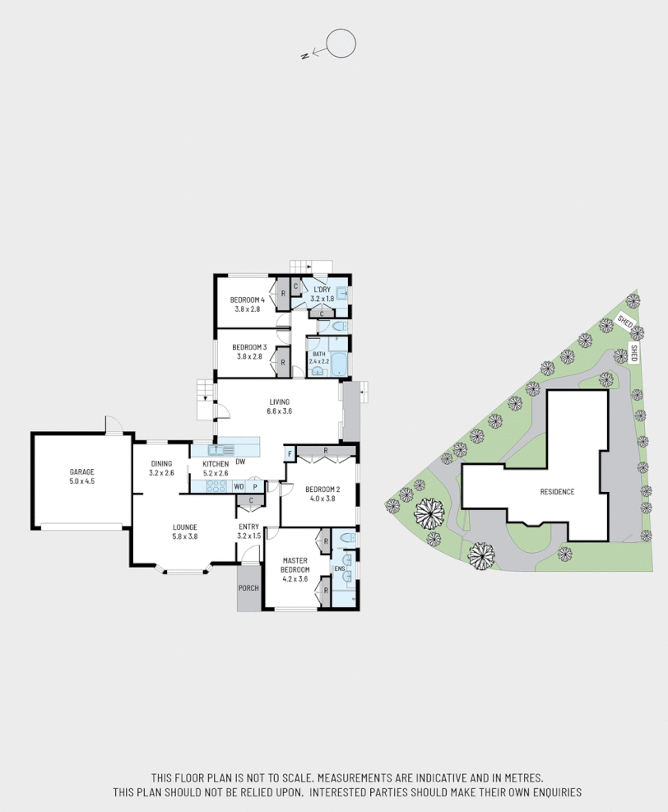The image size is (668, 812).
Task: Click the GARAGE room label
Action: pyautogui.click(x=81, y=471)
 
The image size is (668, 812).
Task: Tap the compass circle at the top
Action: pyautogui.click(x=341, y=43)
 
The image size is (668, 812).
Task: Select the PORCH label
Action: pyautogui.click(x=248, y=588)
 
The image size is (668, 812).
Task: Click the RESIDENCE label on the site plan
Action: pyautogui.click(x=557, y=492)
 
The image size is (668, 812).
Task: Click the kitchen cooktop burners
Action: pyautogui.click(x=217, y=486)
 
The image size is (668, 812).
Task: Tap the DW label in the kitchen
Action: pyautogui.click(x=241, y=462)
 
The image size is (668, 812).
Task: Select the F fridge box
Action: pyautogui.click(x=290, y=454)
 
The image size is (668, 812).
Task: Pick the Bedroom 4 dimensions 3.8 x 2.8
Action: pyautogui.click(x=247, y=309)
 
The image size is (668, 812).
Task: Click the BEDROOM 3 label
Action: pyautogui.click(x=248, y=347)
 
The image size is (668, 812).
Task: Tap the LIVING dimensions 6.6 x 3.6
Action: pyautogui.click(x=280, y=411)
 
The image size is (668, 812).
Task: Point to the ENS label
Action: pyautogui.click(x=339, y=568)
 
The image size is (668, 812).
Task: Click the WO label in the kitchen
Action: pyautogui.click(x=239, y=486)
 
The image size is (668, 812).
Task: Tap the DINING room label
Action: pyautogui.click(x=161, y=464)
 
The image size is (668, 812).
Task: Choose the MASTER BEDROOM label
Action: pyautogui.click(x=295, y=564)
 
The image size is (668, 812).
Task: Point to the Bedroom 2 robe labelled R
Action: pyautogui.click(x=327, y=451)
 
